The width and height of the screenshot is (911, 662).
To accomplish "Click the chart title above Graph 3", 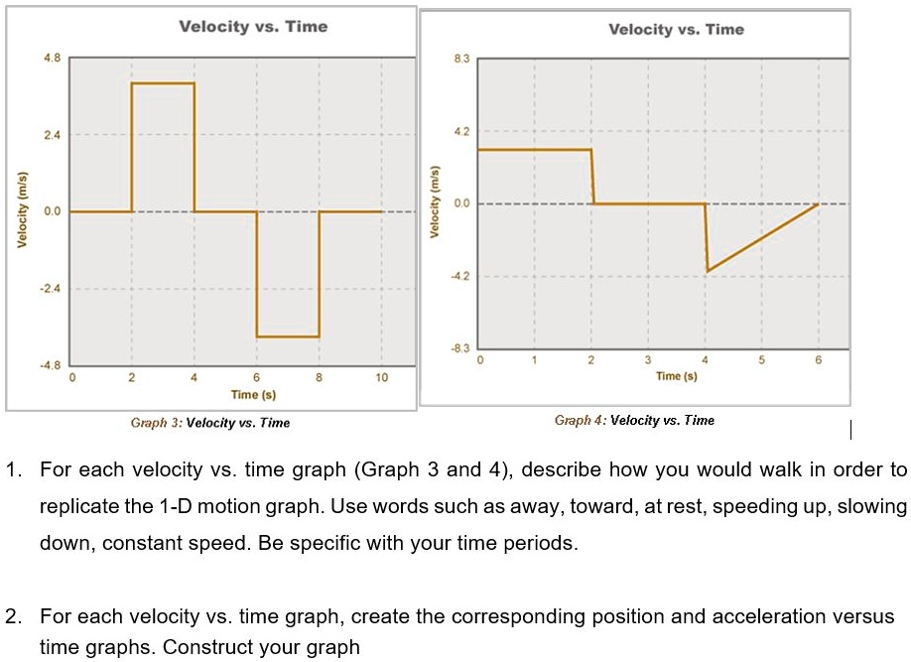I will tap(253, 27).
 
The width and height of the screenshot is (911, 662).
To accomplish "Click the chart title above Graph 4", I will tap(676, 30).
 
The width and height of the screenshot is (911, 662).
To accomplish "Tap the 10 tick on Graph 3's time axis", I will tap(382, 378).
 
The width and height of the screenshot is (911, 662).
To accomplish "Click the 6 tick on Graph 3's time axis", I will tap(257, 378).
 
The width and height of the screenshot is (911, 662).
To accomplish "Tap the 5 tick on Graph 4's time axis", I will tap(762, 360).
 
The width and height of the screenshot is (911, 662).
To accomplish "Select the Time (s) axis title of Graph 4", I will tap(676, 376).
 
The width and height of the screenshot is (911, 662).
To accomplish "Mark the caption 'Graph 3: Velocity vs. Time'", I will tap(210, 423).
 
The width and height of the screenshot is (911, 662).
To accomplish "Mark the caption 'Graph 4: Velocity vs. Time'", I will tap(634, 421).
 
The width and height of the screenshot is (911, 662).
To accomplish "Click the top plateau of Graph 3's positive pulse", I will tap(163, 83).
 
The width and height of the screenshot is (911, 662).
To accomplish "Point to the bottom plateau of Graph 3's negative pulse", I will tap(288, 337).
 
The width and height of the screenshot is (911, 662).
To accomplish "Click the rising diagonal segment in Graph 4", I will tap(762, 237).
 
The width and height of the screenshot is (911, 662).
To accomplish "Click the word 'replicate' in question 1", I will tap(80, 506).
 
